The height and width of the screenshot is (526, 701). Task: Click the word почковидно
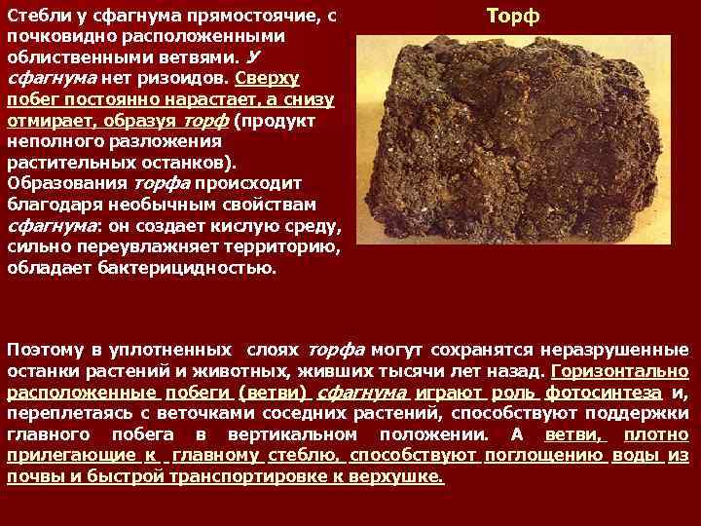pyautogui.click(x=55, y=36)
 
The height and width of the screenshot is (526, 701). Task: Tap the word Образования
pyautogui.click(x=65, y=183)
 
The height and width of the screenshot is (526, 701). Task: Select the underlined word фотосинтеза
pyautogui.click(x=604, y=393)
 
